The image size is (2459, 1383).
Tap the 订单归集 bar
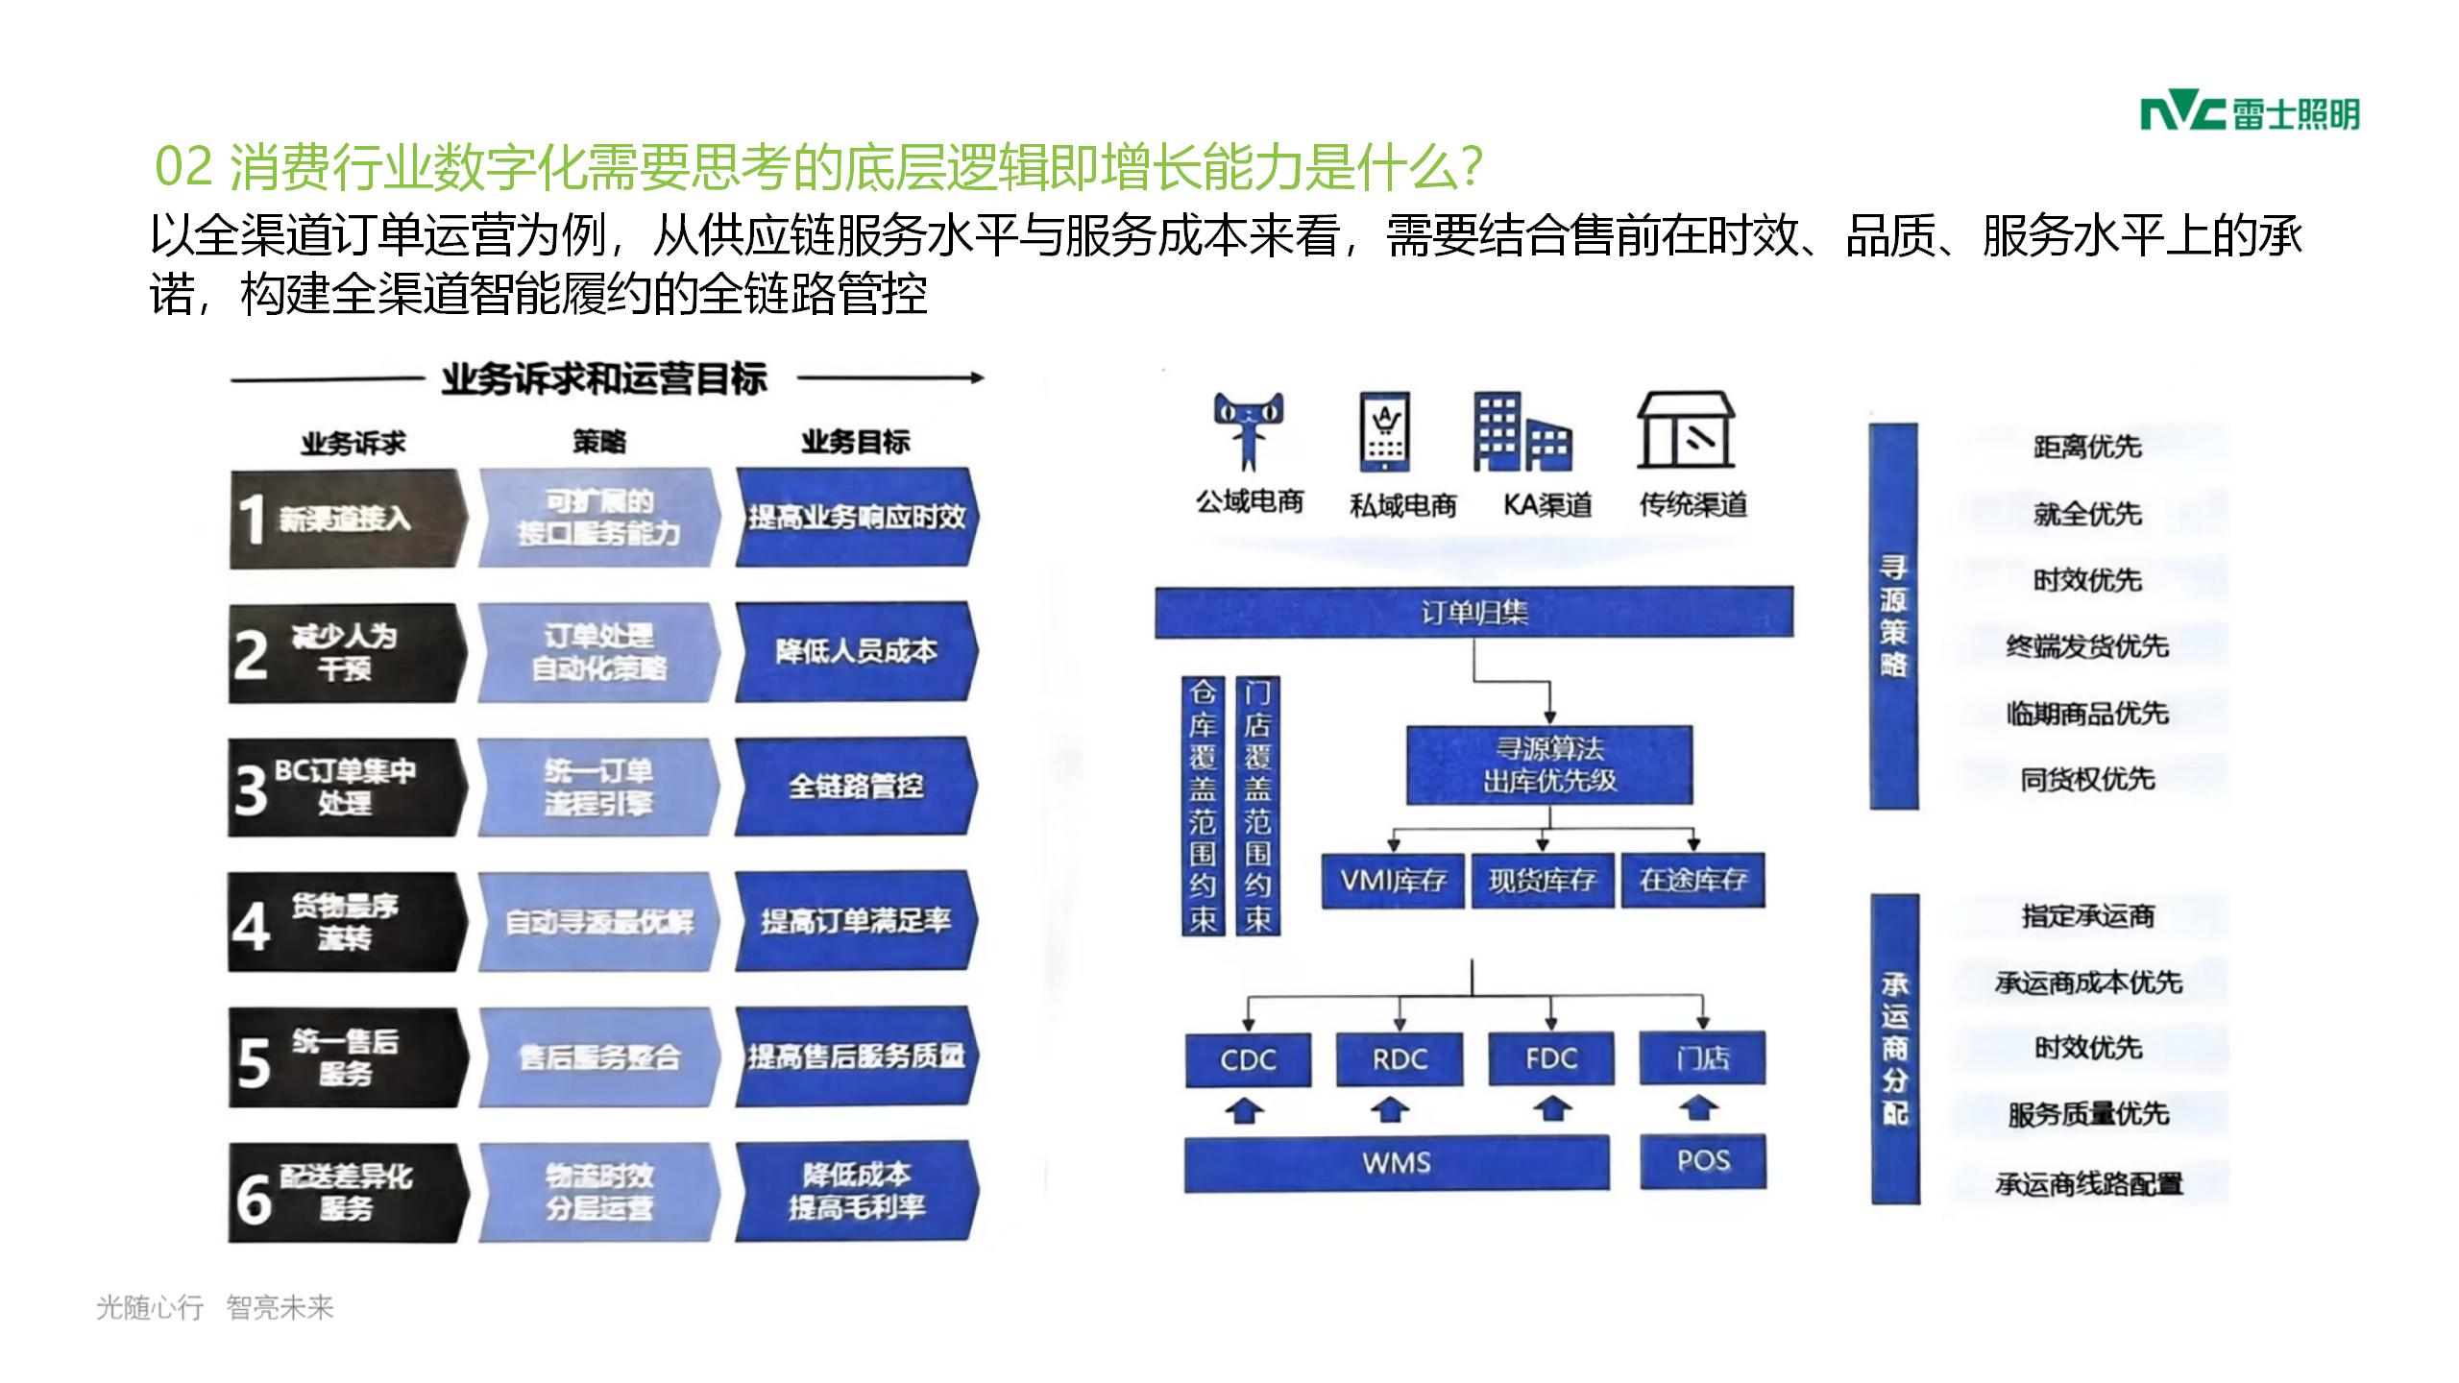[1473, 613]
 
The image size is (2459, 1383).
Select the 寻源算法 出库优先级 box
[1549, 765]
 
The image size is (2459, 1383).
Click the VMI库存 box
[1393, 880]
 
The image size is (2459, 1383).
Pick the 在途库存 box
[1692, 880]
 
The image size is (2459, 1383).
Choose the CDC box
[1248, 1059]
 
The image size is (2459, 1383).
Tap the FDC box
[1550, 1059]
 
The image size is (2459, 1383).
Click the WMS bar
[1397, 1163]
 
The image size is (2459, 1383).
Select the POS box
[1702, 1162]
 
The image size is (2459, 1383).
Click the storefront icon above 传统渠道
[1686, 430]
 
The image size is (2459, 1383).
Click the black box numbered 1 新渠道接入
[346, 519]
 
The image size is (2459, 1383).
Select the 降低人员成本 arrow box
[856, 652]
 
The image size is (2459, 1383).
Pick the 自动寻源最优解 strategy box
[598, 922]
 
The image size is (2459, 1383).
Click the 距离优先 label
[2087, 448]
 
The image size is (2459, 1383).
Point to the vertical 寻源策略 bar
[1893, 616]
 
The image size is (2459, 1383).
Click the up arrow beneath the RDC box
[1389, 1111]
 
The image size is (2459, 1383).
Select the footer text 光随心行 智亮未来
[215, 1307]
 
